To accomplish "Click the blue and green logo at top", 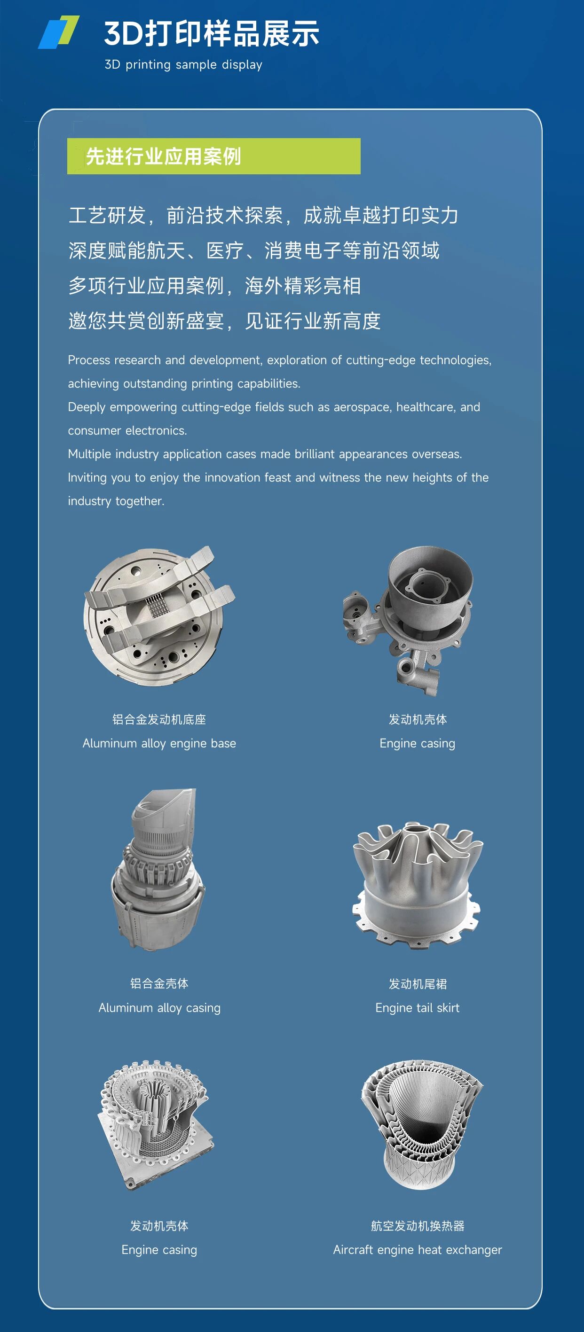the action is pyautogui.click(x=58, y=32).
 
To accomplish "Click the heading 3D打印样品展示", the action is pyautogui.click(x=212, y=34).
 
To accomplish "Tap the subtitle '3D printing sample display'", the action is pyautogui.click(x=183, y=65).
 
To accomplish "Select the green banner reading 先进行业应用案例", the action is pyautogui.click(x=213, y=156).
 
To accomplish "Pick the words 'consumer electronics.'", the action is pyautogui.click(x=127, y=430).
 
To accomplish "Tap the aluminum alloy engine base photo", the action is pyautogui.click(x=159, y=616).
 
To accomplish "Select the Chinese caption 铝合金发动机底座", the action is pyautogui.click(x=159, y=719).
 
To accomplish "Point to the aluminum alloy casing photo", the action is pyautogui.click(x=158, y=869).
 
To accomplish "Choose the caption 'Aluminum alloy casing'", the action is pyautogui.click(x=159, y=1008).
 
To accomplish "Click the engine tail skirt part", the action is pyautogui.click(x=418, y=885).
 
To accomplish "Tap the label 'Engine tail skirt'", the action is pyautogui.click(x=418, y=1008).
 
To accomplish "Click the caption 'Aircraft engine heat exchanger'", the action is pyautogui.click(x=418, y=1250).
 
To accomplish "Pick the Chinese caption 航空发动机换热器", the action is pyautogui.click(x=418, y=1226).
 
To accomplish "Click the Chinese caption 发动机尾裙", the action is pyautogui.click(x=418, y=984).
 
